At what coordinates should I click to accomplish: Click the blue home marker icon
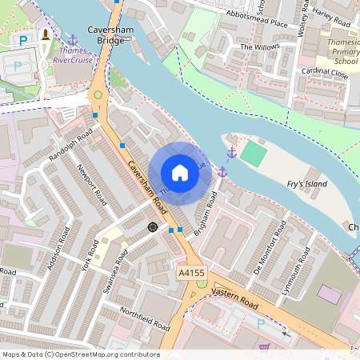pyautogui.click(x=180, y=173)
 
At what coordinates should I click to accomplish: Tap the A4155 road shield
pyautogui.click(x=190, y=274)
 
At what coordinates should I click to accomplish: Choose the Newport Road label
pyautogui.click(x=92, y=185)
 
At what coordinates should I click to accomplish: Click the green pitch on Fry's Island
pyautogui.click(x=253, y=154)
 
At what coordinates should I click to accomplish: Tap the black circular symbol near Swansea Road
pyautogui.click(x=152, y=227)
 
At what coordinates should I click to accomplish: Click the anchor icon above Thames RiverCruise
pyautogui.click(x=73, y=38)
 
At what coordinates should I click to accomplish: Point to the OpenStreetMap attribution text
pyautogui.click(x=81, y=354)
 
